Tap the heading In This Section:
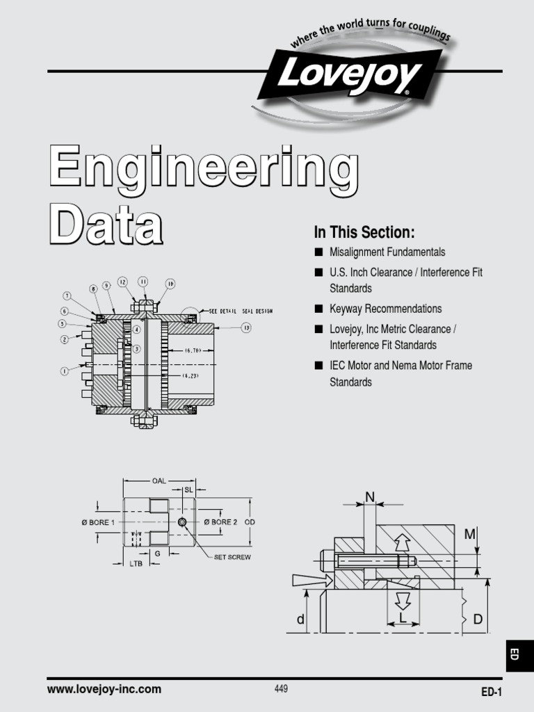(364, 232)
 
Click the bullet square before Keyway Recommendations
(318, 309)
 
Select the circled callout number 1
(64, 371)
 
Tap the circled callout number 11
(143, 282)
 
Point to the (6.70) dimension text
(193, 352)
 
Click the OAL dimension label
(159, 479)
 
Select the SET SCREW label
(232, 557)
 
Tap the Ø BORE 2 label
(220, 521)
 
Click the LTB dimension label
(136, 564)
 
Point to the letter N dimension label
(370, 496)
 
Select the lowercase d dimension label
(300, 620)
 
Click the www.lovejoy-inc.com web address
(104, 689)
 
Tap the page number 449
(281, 689)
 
